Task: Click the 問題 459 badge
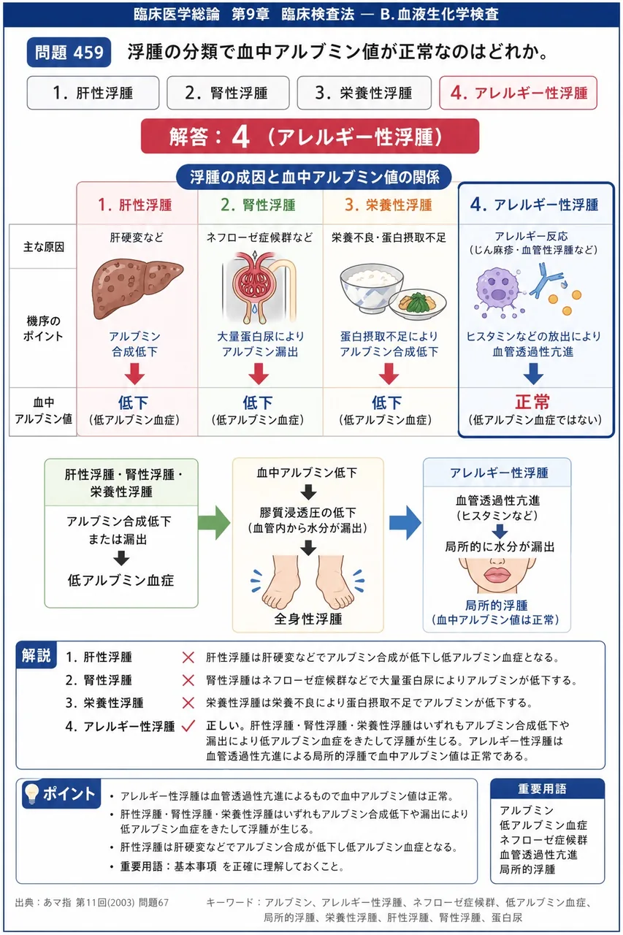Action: click(x=69, y=52)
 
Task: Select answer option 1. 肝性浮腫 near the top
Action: click(x=93, y=93)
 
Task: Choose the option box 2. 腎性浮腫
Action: click(x=228, y=93)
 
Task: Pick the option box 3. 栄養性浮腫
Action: click(x=364, y=93)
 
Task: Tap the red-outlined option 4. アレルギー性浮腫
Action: click(x=518, y=93)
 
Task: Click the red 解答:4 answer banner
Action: click(x=310, y=136)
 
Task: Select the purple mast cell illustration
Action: click(x=499, y=290)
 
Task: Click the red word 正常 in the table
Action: click(x=532, y=402)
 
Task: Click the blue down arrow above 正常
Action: click(x=533, y=373)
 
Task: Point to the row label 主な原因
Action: click(x=43, y=247)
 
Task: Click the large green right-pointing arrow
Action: click(x=214, y=522)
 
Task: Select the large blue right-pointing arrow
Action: click(x=405, y=522)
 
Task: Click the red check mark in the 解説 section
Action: click(x=188, y=726)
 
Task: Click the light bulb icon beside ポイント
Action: click(x=31, y=793)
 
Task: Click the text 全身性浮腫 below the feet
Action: click(x=308, y=618)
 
